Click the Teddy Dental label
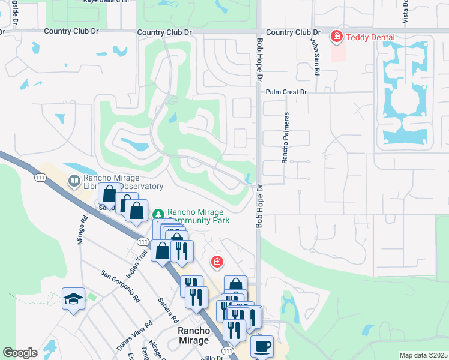[370, 38]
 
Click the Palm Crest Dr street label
[286, 92]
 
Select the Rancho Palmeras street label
[286, 137]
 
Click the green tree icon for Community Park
[158, 213]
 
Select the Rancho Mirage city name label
[193, 335]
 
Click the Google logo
[20, 353]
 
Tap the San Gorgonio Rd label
[121, 286]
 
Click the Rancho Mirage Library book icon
[74, 180]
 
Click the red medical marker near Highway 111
[216, 262]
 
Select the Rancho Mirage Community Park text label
[196, 216]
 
